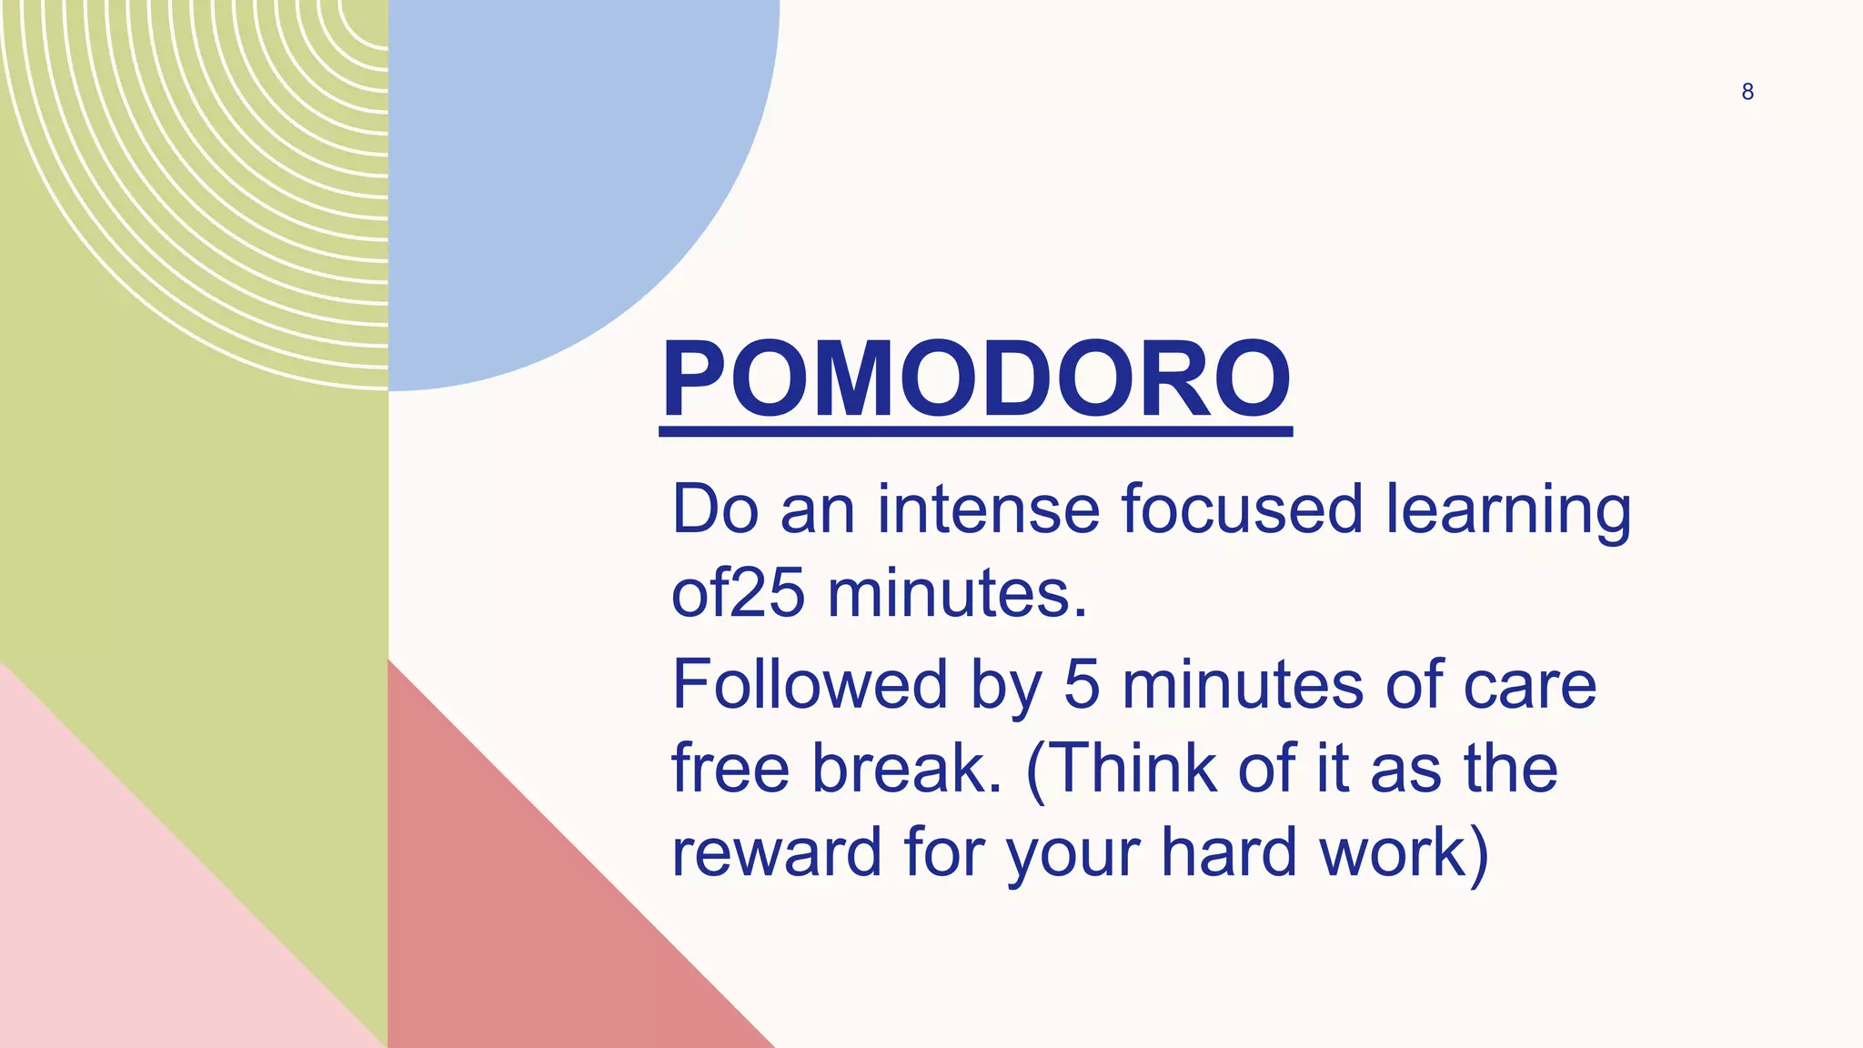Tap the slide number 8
pos(1747,92)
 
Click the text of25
pos(738,594)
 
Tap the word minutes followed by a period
pos(957,594)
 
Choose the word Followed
pos(810,684)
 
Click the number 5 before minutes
pos(1082,684)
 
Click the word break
pos(906,769)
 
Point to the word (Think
pos(1120,769)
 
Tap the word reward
pos(776,853)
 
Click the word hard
pos(1228,852)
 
